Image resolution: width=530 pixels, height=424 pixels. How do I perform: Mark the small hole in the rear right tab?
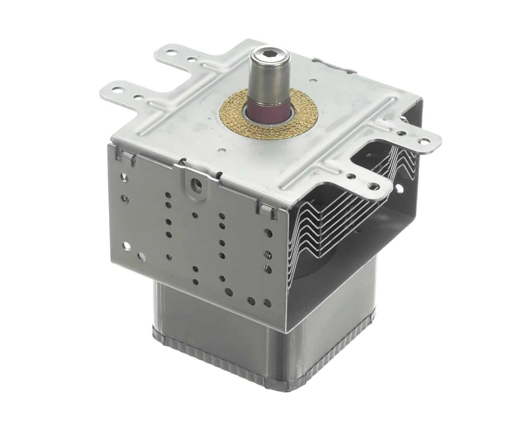403,134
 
